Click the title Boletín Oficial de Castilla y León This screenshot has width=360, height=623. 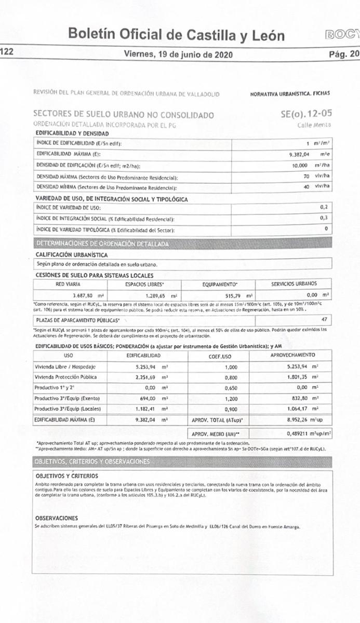click(x=177, y=35)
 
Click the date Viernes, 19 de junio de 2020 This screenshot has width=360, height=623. click(x=178, y=54)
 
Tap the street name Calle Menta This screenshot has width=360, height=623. click(x=314, y=125)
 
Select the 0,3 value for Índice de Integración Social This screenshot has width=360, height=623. click(x=324, y=218)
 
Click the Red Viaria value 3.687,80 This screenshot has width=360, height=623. click(x=70, y=295)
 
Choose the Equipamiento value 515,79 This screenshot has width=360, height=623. click(x=222, y=295)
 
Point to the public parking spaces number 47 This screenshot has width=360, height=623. click(x=324, y=319)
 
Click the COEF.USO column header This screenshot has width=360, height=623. click(x=219, y=356)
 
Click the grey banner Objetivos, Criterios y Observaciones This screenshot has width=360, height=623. click(x=92, y=461)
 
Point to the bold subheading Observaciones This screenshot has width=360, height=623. click(x=56, y=504)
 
